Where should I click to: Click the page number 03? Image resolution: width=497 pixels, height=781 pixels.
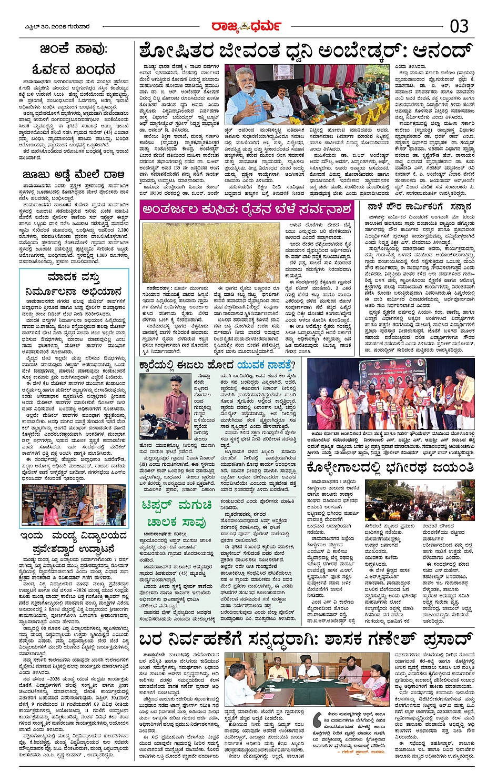click(459, 26)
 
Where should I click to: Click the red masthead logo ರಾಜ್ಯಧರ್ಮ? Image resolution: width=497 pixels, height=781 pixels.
click(246, 26)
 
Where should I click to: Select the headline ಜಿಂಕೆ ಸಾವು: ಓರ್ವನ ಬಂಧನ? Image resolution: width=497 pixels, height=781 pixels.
click(73, 59)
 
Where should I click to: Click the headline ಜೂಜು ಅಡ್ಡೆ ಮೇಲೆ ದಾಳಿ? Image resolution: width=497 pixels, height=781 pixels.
click(73, 175)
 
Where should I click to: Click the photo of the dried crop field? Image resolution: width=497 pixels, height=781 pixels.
click(211, 252)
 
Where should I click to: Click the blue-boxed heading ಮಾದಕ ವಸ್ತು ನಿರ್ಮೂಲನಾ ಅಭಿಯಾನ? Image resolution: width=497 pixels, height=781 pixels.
click(73, 284)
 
